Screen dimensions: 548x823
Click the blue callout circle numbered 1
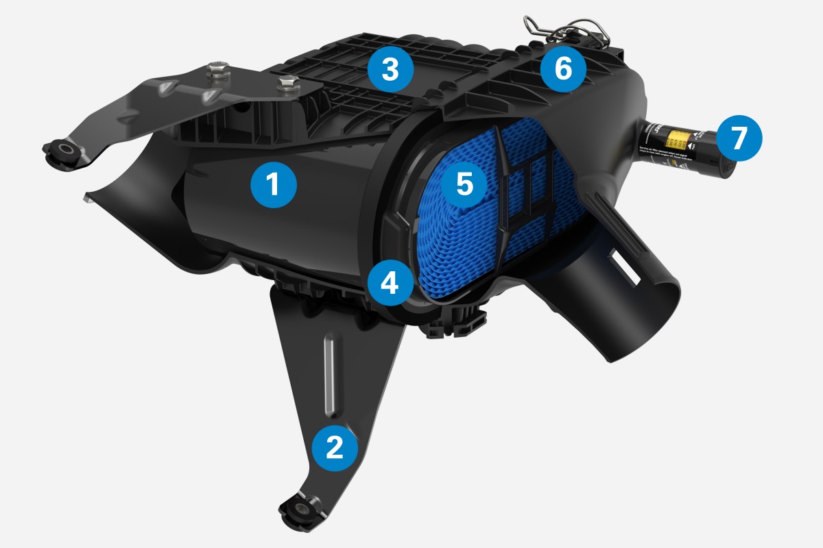273,184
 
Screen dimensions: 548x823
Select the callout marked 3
390,70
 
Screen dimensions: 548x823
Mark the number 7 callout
738,138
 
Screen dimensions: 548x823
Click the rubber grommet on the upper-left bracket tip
67,150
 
